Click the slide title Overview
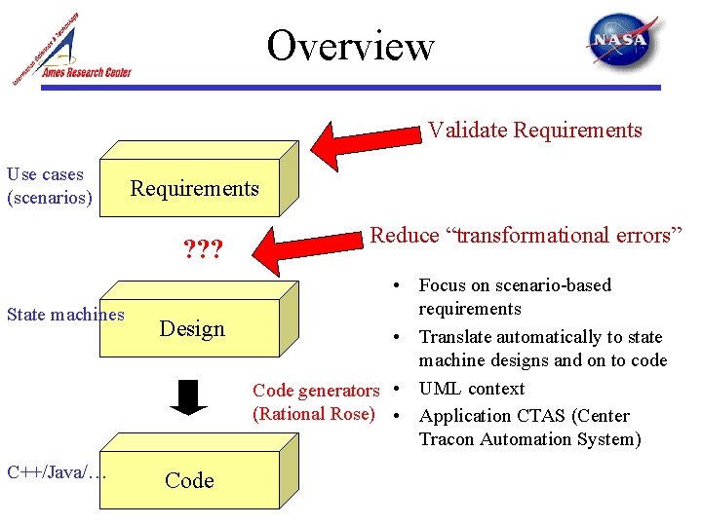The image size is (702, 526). coord(351,46)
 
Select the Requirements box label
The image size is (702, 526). coord(195,188)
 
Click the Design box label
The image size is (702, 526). coord(192,328)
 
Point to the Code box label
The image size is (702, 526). coord(189,479)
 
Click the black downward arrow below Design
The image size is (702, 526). coord(194,395)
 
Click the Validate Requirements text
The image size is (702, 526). coord(535,130)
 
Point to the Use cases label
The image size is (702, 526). coord(46,175)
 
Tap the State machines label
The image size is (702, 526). coord(65,314)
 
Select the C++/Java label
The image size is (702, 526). coord(56,472)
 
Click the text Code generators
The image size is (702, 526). coord(316,391)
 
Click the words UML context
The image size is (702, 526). coord(472,388)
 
